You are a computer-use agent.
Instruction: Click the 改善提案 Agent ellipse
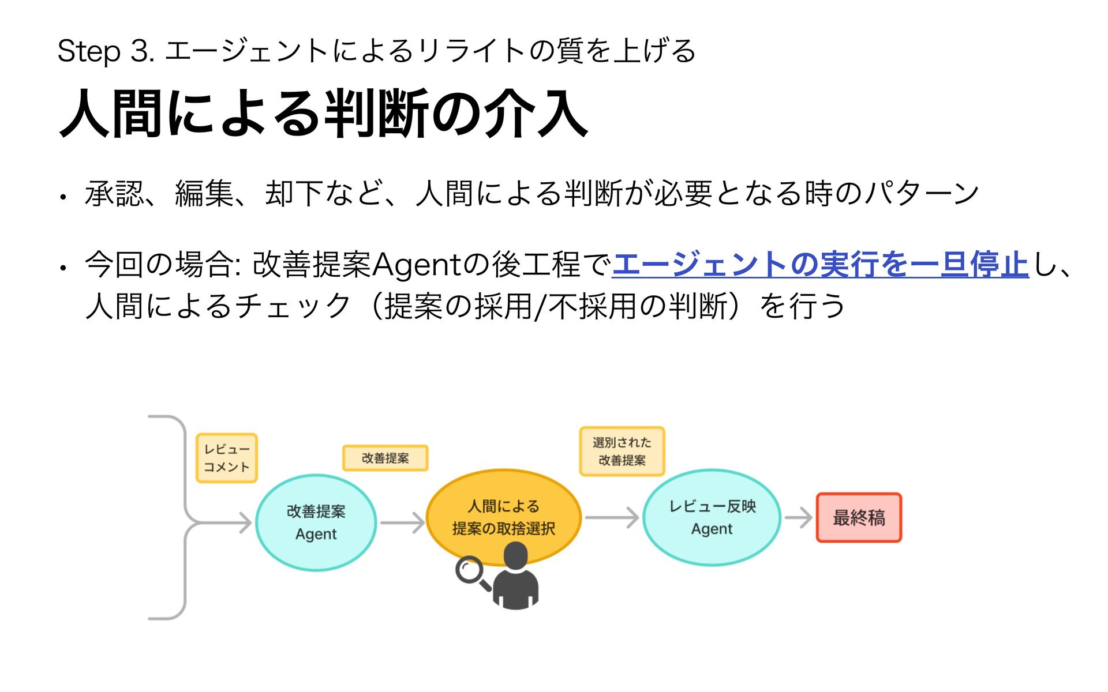pos(316,522)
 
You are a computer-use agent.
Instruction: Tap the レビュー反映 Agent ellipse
pos(712,517)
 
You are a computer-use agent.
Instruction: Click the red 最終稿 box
pos(859,517)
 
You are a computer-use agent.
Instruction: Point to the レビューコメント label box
pos(227,458)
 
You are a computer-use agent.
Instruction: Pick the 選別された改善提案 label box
pos(622,451)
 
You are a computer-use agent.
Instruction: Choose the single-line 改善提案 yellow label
pos(385,458)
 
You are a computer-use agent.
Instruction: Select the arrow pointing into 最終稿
pos(799,517)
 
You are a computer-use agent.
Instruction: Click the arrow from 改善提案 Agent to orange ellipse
pos(402,522)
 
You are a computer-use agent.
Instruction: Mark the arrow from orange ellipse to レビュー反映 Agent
pos(612,517)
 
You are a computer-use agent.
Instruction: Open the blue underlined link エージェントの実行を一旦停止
pos(820,264)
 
